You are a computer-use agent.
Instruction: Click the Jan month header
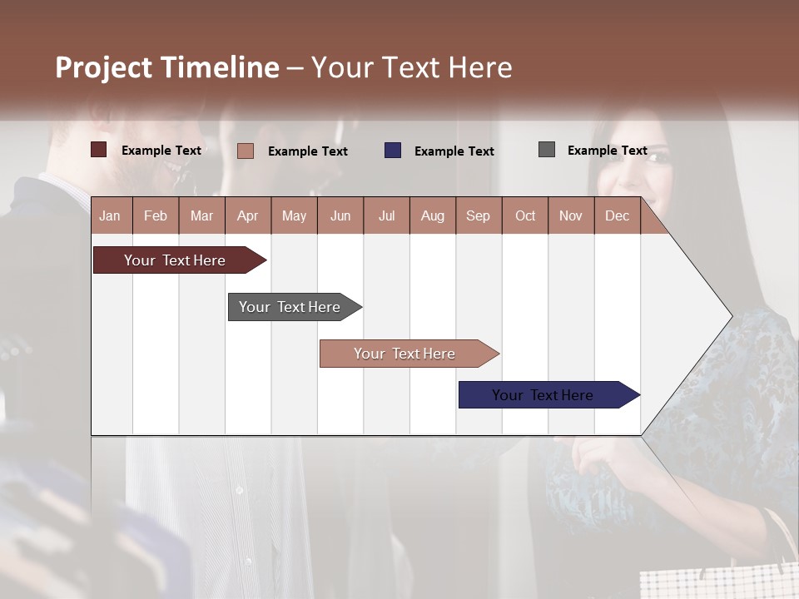point(111,215)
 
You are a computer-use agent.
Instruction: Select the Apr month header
point(247,215)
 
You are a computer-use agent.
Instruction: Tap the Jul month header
point(386,215)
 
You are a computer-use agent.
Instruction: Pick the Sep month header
point(478,215)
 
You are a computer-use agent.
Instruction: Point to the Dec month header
point(617,215)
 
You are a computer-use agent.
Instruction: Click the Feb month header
point(156,215)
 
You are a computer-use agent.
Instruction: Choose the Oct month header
point(525,215)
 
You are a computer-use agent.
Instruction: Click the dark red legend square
point(99,150)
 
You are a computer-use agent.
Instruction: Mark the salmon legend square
point(246,151)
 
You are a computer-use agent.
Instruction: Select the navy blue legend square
point(393,151)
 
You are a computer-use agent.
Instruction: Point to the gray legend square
point(547,150)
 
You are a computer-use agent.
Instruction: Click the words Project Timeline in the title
point(167,67)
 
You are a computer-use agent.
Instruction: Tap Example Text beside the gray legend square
point(607,151)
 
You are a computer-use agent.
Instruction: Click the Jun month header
point(340,215)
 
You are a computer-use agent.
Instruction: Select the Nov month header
point(571,215)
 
